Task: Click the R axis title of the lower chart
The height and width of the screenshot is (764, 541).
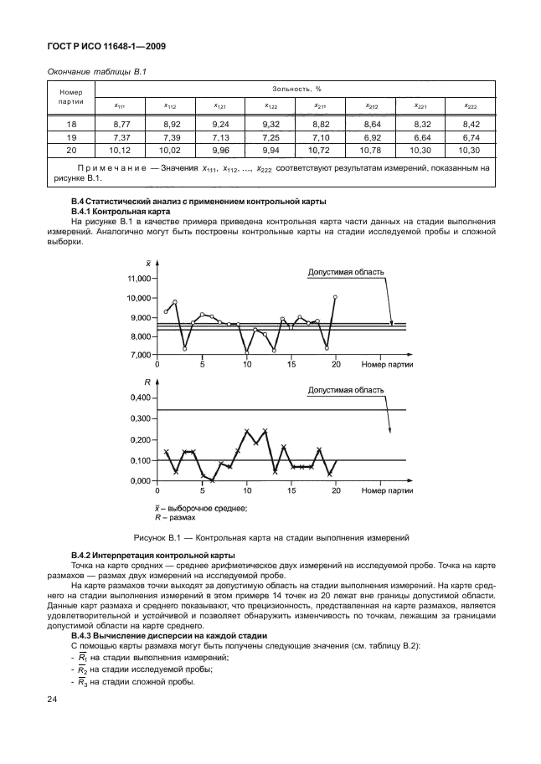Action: tap(147, 382)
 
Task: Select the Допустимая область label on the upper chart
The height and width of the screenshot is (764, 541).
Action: tap(346, 272)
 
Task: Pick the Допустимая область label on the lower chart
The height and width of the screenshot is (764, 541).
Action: tap(346, 390)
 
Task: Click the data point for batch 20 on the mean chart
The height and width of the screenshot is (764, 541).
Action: tap(335, 297)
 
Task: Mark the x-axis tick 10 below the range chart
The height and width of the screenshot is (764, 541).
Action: tap(246, 492)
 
